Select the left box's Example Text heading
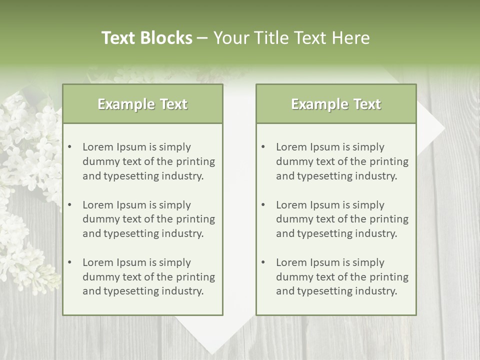(142, 104)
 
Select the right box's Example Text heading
(336, 104)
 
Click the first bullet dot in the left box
(70, 147)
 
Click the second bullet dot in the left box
(70, 205)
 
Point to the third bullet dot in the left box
(70, 262)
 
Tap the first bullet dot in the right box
(263, 147)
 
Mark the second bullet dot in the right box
(263, 205)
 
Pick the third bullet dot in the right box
(263, 262)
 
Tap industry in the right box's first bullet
(378, 176)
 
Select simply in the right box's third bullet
(368, 262)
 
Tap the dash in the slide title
(202, 38)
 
